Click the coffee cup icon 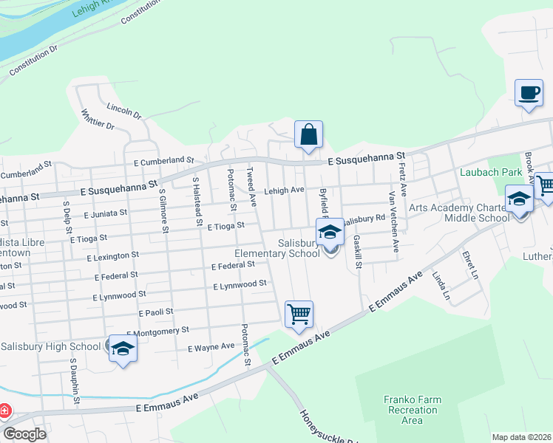click(528, 93)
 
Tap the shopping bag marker click(308, 134)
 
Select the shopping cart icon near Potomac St click(299, 314)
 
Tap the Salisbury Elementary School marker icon click(330, 233)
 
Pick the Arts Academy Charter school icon click(519, 199)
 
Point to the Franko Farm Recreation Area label click(412, 410)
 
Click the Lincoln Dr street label click(123, 111)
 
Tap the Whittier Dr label click(98, 120)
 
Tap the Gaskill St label click(357, 252)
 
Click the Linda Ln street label click(445, 284)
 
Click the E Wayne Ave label click(211, 346)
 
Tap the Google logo click(24, 433)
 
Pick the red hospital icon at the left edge click(4, 410)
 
